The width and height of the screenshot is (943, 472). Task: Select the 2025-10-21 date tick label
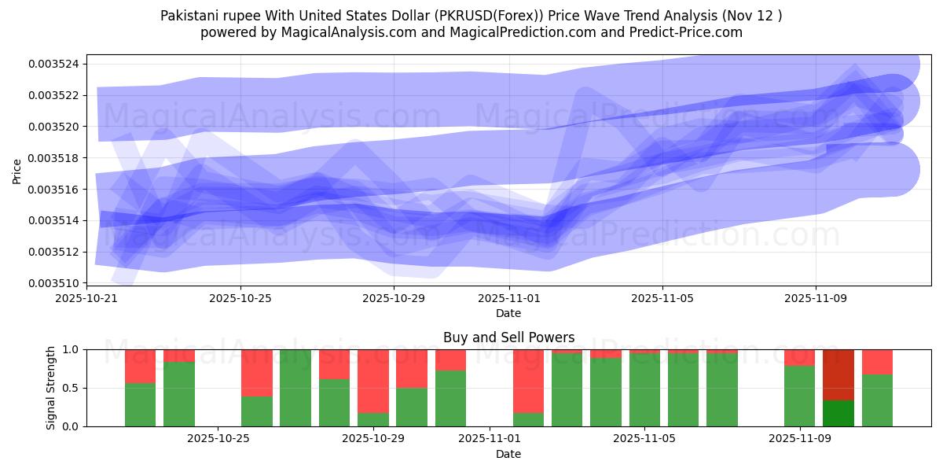point(87,298)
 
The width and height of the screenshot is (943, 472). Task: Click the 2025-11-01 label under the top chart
point(509,298)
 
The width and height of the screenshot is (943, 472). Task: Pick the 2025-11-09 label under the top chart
point(815,298)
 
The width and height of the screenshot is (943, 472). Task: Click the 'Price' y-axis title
point(17,171)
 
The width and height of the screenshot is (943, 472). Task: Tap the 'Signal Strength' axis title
point(51,388)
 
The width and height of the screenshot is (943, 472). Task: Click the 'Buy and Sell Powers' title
point(508,337)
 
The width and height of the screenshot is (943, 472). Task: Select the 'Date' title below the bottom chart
point(508,454)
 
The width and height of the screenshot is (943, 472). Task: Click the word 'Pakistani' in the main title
point(189,16)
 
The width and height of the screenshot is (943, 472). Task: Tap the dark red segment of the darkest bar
point(838,374)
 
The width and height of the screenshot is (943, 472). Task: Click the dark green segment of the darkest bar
point(838,414)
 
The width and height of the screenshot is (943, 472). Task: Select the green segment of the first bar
point(140,405)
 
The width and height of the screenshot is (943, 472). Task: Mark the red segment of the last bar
point(877,361)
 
